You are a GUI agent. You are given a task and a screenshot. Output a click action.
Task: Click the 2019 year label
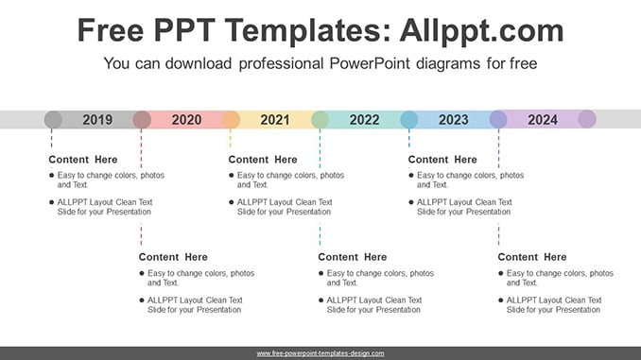pos(97,120)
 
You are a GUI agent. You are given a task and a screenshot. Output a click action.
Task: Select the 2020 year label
pos(186,120)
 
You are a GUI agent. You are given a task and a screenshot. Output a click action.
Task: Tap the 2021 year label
pos(275,120)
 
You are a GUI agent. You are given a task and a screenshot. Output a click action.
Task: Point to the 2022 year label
pos(364,120)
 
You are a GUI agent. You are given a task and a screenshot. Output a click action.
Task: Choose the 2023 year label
pos(454,120)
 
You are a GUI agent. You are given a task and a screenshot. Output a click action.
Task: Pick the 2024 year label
pos(543,120)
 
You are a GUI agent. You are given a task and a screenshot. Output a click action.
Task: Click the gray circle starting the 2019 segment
pos(53,120)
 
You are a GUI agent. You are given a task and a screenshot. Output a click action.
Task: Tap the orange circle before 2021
pos(231,120)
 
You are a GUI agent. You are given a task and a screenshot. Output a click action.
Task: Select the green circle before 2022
pos(320,120)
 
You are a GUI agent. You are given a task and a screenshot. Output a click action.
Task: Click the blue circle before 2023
pos(409,120)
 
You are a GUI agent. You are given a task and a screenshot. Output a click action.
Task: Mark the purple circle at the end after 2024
pos(587,119)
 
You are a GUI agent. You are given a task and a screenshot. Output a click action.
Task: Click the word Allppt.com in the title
pos(481,31)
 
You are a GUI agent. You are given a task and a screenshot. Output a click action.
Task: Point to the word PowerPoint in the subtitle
pos(370,63)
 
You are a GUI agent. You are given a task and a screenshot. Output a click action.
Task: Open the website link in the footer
pos(320,353)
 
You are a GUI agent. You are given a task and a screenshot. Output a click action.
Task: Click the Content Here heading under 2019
pos(83,160)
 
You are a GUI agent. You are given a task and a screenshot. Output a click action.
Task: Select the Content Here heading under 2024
pos(532,257)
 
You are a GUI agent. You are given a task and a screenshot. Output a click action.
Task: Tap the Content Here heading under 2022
pos(353,257)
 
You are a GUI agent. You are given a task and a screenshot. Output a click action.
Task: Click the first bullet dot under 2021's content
pos(232,176)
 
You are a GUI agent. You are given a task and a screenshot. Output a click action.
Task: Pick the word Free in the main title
pos(111,30)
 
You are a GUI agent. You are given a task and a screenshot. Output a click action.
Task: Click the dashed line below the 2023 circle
pos(409,138)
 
